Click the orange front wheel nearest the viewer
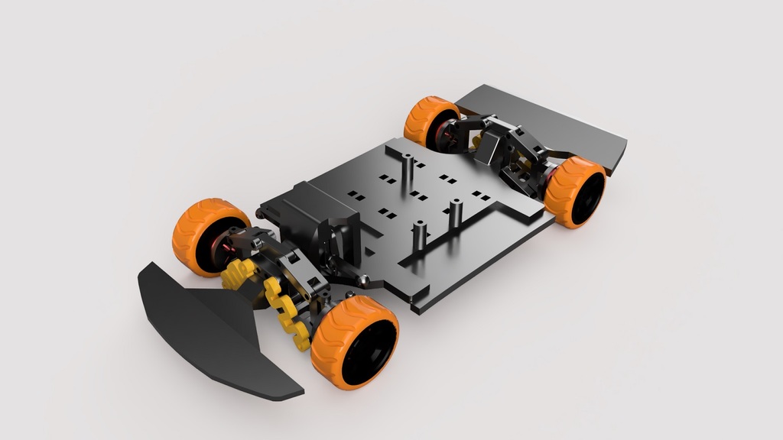[x=354, y=341]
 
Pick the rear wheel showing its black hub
[x=575, y=191]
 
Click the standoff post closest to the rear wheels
[x=408, y=172]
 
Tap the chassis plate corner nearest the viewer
[x=417, y=309]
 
